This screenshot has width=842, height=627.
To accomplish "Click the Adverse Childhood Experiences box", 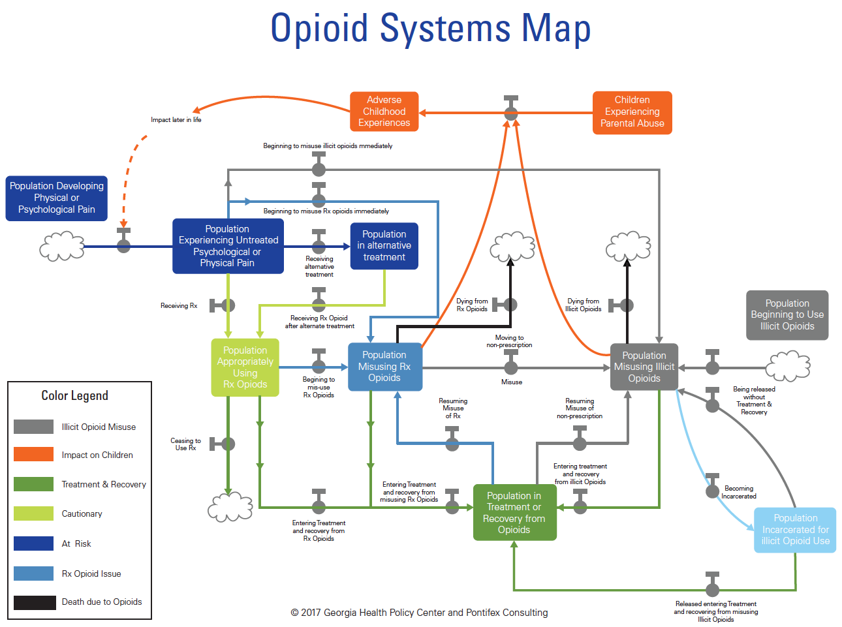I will pos(384,112).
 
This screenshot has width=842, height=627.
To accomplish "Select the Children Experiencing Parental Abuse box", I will pos(632,112).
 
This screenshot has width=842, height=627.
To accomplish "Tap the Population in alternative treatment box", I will pos(384,246).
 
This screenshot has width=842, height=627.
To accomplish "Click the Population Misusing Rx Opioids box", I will pos(384,367).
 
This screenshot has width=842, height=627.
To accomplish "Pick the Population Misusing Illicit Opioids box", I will pos(644,367).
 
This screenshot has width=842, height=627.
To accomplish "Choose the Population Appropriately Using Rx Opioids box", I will pos(245,367).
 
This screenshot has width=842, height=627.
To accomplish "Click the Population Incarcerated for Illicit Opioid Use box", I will pos(795,530).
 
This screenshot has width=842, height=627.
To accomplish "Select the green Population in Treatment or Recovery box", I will pos(514,513).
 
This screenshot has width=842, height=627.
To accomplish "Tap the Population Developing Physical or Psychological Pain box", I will pos(56,198).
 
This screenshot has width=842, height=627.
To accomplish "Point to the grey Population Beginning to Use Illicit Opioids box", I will pos(787,315).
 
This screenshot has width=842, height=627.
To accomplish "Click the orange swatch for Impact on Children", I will pos(33,454).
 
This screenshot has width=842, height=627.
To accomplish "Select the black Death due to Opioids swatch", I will pos(34,602).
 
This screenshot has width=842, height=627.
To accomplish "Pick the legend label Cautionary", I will pos(82,514).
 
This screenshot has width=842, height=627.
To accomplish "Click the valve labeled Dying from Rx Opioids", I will pos(510,305).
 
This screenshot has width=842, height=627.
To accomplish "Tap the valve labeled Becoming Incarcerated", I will pos(713,491).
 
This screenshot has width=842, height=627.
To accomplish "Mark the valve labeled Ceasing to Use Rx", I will pos(227,444).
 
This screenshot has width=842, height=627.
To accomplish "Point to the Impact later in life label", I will pos(176,120).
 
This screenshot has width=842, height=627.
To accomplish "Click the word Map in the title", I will pos(555,29).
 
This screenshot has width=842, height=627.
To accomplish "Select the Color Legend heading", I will pos(74,396).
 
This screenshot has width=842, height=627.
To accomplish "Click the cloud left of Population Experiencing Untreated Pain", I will pos(62,247).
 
